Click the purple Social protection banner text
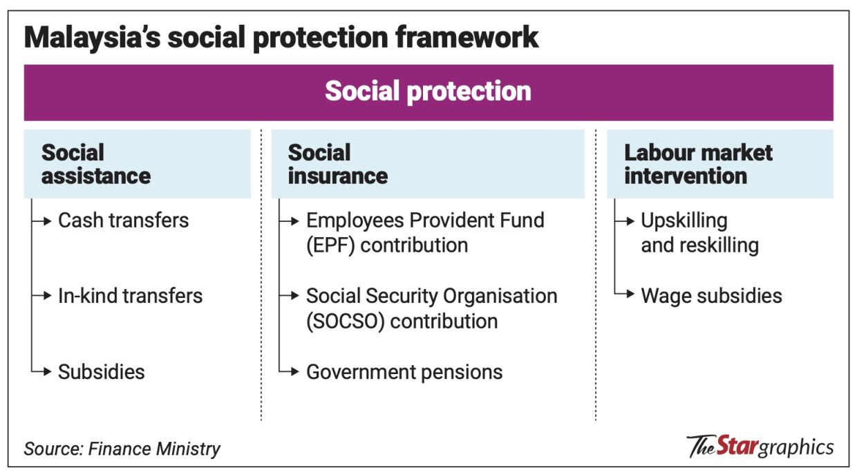[428, 91]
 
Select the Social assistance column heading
[95, 164]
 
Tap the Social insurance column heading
[337, 164]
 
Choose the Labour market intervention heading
[698, 164]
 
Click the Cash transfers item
[123, 221]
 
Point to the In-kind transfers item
[130, 296]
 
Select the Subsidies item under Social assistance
[101, 372]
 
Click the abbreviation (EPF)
[330, 245]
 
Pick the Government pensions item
[404, 372]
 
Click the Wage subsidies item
[711, 296]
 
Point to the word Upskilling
[684, 221]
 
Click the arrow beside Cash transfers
[44, 221]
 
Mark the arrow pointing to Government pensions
[291, 372]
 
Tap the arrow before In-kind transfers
[44, 296]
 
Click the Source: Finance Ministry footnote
[122, 449]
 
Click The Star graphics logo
[760, 447]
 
